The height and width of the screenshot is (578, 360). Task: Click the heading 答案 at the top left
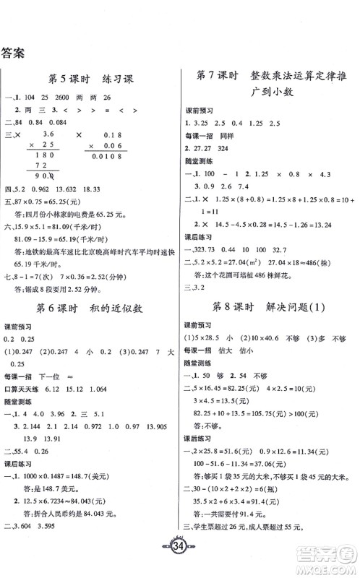point(15,51)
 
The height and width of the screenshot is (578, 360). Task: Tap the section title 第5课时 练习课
point(90,79)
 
